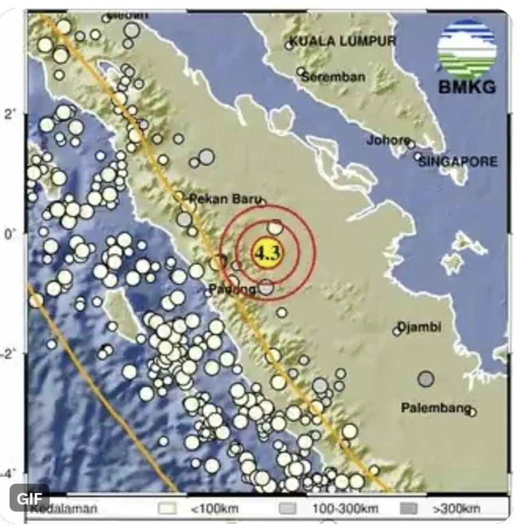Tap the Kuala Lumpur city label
click(342, 41)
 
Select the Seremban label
click(334, 76)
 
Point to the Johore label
click(388, 140)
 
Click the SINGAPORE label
click(458, 162)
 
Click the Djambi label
click(419, 327)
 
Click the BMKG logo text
click(468, 88)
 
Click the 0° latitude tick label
click(16, 233)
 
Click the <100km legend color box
click(167, 509)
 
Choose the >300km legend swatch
click(409, 509)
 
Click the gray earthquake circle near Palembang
click(426, 379)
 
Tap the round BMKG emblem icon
click(467, 48)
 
